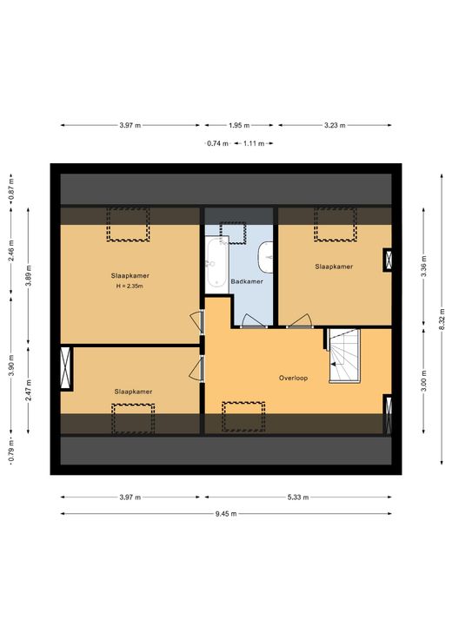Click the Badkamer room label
click(x=247, y=281)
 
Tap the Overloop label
click(x=293, y=378)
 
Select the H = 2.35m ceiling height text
click(x=130, y=287)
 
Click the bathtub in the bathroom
click(x=216, y=263)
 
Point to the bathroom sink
click(x=266, y=257)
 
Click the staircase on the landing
click(x=345, y=355)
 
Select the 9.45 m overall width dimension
click(x=226, y=513)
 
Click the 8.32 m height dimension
click(x=442, y=319)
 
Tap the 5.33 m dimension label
click(x=298, y=497)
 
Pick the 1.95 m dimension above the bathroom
click(x=239, y=126)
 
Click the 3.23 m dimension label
click(x=335, y=126)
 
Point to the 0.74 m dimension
click(x=217, y=143)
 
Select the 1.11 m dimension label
click(x=254, y=143)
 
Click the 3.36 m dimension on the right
click(x=424, y=267)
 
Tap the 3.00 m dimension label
click(x=424, y=380)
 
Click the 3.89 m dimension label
click(x=29, y=276)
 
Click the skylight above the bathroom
click(x=233, y=233)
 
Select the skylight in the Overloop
click(x=243, y=417)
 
